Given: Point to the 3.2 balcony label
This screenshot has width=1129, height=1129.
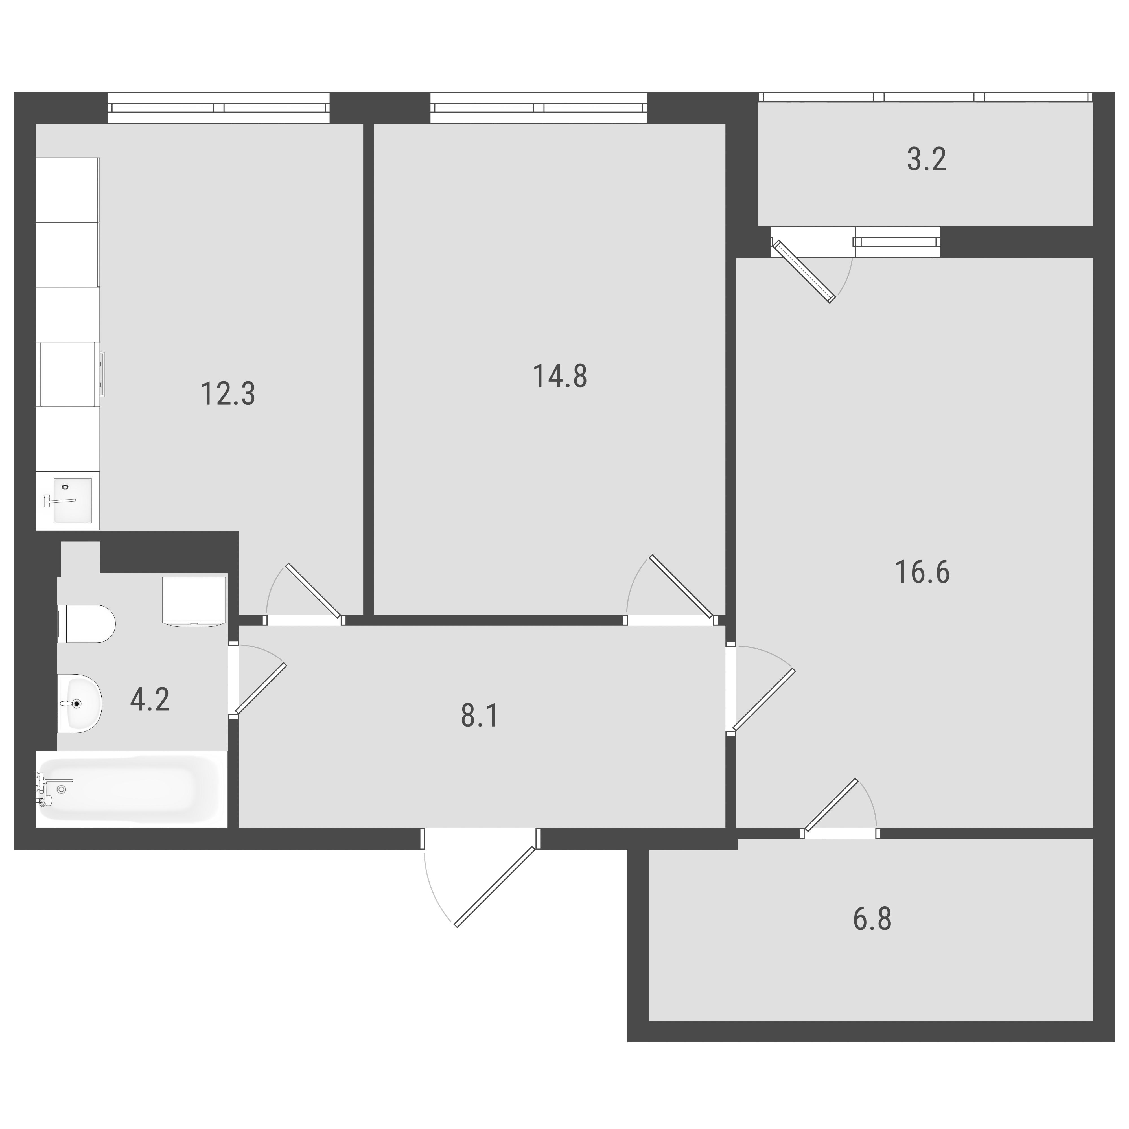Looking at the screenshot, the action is point(927,159).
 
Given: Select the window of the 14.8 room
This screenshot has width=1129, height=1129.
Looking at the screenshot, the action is point(538,108).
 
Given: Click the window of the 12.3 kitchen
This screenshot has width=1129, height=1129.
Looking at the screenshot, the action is point(218,108).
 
